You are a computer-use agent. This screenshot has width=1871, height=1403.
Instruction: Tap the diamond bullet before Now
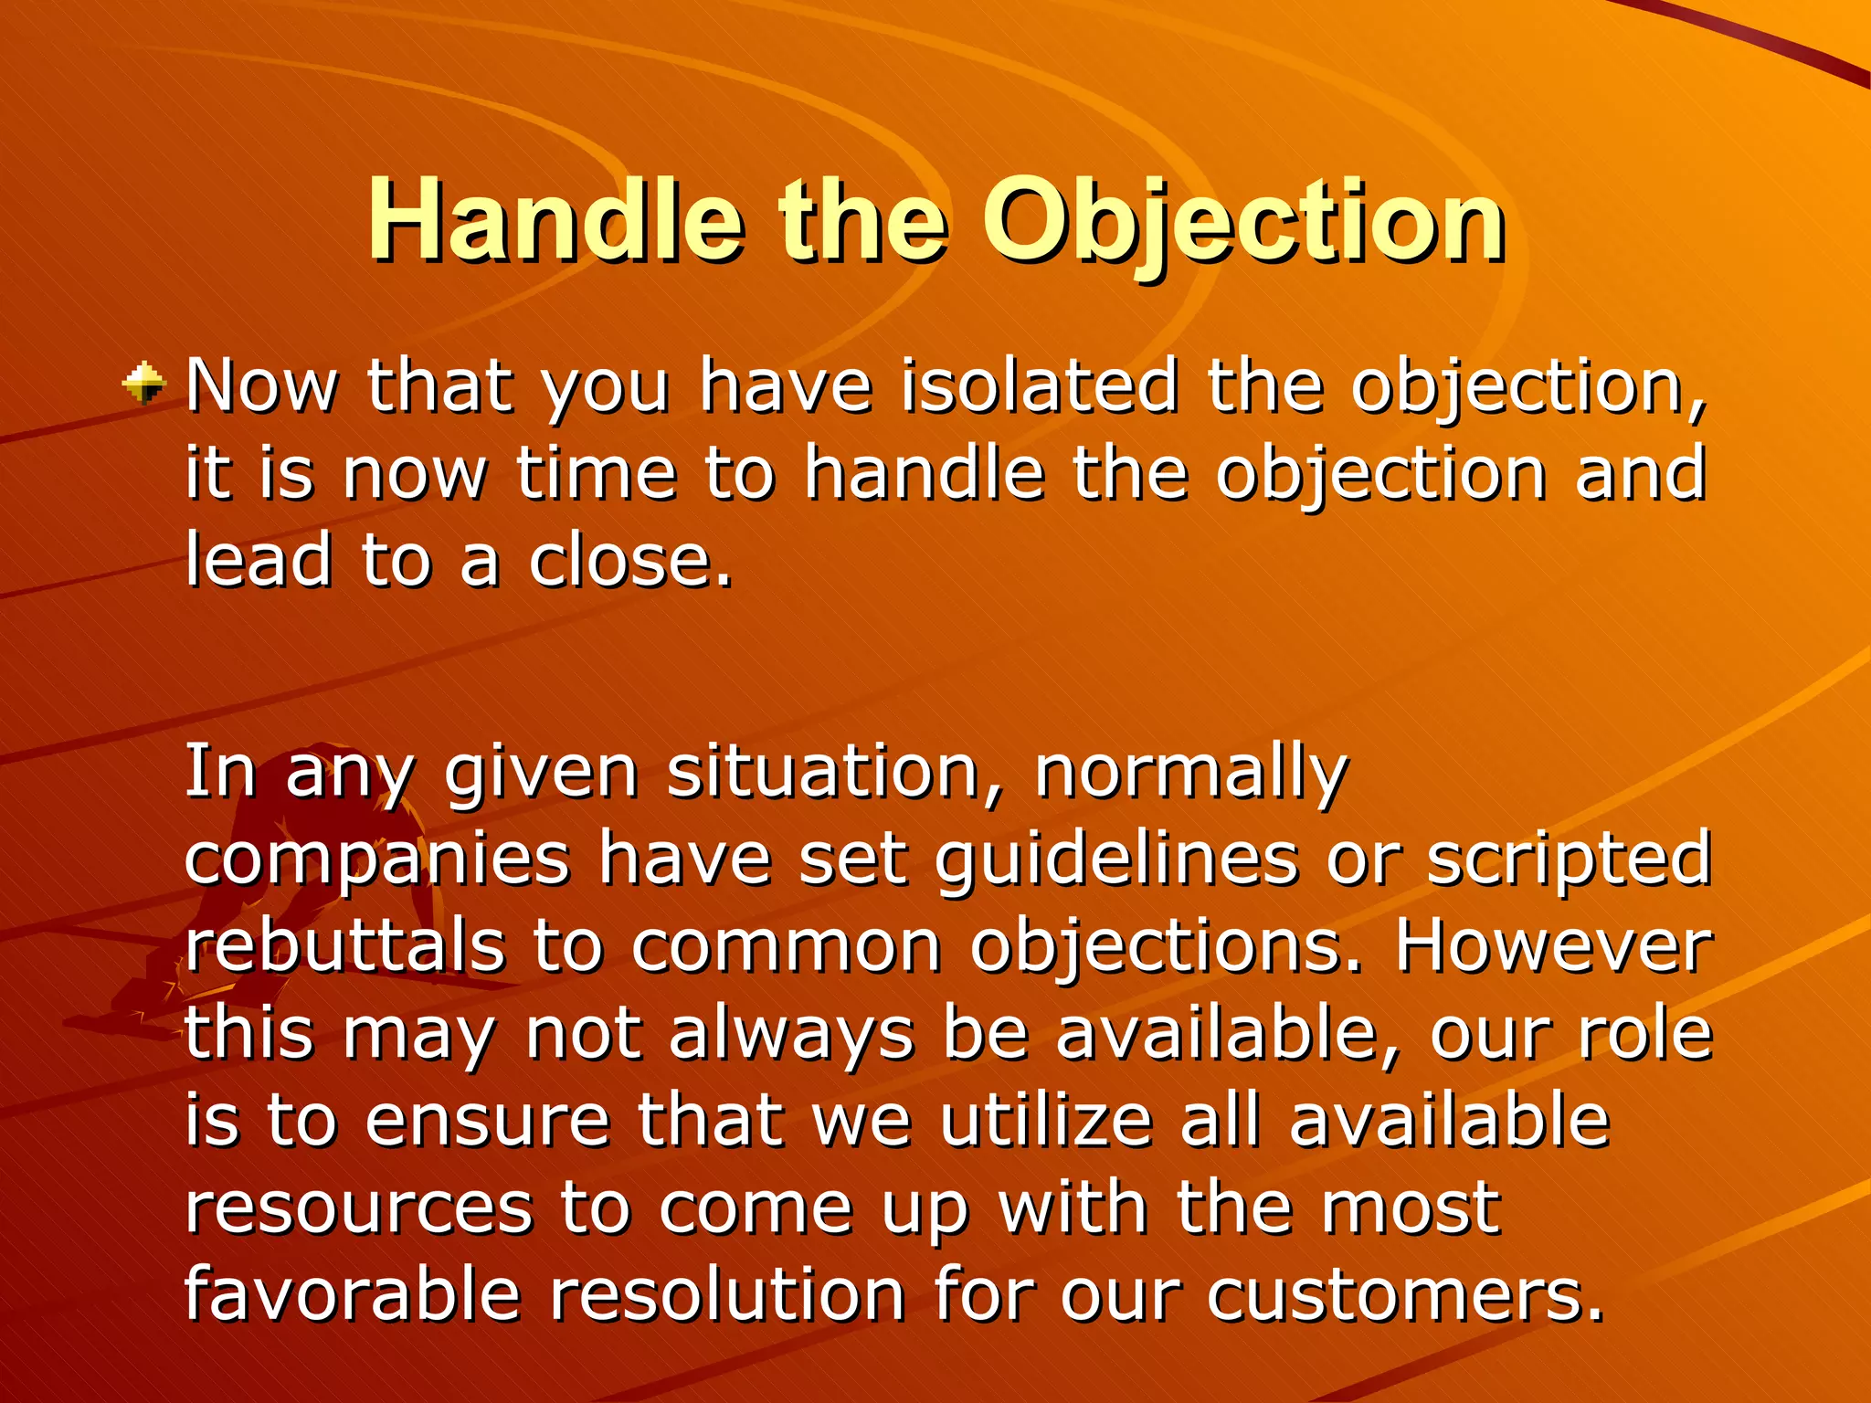144,384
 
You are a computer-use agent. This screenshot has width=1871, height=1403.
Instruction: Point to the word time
597,474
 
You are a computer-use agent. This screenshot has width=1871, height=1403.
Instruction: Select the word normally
1190,773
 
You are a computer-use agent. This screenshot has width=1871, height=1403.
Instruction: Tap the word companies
377,860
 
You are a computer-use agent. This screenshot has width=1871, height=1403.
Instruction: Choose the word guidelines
1116,860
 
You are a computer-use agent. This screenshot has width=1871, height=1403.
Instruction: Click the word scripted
1569,860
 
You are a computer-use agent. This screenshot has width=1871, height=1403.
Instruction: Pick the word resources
358,1208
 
